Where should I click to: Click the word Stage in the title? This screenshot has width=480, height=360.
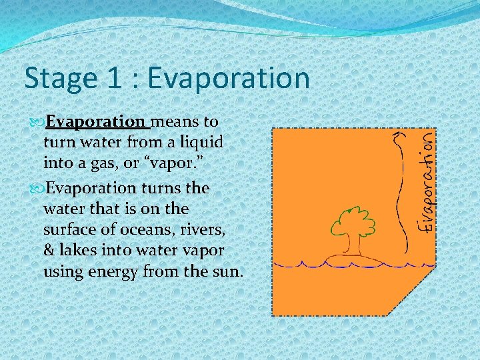point(58,79)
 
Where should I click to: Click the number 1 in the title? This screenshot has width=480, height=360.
point(115,79)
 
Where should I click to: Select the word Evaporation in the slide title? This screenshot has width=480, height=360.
point(229,79)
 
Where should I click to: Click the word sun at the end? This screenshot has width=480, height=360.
point(227,272)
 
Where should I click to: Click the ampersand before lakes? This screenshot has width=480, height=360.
point(49,251)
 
